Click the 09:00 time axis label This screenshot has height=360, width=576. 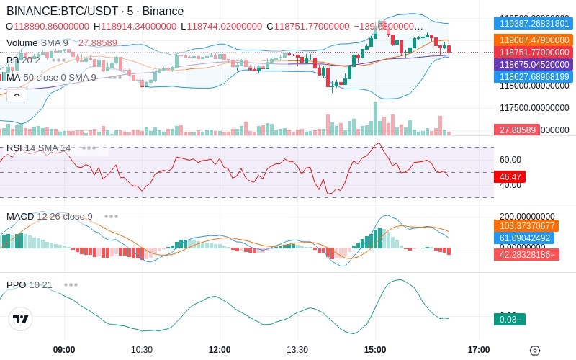pyautogui.click(x=64, y=350)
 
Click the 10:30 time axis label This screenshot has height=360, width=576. pyautogui.click(x=142, y=350)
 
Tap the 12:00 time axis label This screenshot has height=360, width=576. pyautogui.click(x=220, y=350)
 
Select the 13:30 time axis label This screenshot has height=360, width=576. pyautogui.click(x=297, y=350)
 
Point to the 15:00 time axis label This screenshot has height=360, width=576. pyautogui.click(x=375, y=350)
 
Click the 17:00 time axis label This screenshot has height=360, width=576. pyautogui.click(x=479, y=350)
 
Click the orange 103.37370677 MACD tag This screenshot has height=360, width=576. pyautogui.click(x=526, y=226)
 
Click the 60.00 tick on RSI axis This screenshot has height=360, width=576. pyautogui.click(x=510, y=160)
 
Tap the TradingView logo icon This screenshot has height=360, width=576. pyautogui.click(x=21, y=319)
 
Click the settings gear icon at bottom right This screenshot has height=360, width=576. pyautogui.click(x=534, y=351)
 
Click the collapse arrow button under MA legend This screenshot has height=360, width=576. pyautogui.click(x=17, y=94)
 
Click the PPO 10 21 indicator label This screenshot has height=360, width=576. pyautogui.click(x=29, y=285)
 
